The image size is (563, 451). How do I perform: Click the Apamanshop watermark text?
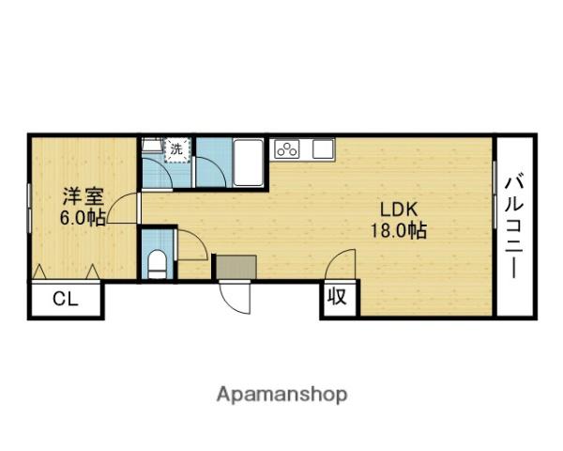tap(281, 395)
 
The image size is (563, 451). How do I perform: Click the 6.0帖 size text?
tap(83, 217)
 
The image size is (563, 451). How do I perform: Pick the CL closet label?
tap(65, 301)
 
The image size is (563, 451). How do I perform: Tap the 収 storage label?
tap(337, 299)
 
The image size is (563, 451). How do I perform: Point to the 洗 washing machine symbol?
tap(176, 148)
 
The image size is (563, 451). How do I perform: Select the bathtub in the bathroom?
tap(249, 162)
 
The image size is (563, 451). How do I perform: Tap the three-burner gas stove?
tap(285, 148)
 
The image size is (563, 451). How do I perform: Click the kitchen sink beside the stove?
tap(322, 148)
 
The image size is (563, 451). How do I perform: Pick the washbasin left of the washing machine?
tap(151, 147)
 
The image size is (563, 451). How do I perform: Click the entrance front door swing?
tap(235, 299)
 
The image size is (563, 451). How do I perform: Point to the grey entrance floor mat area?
tap(234, 267)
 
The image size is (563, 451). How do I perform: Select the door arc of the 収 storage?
tap(340, 265)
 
